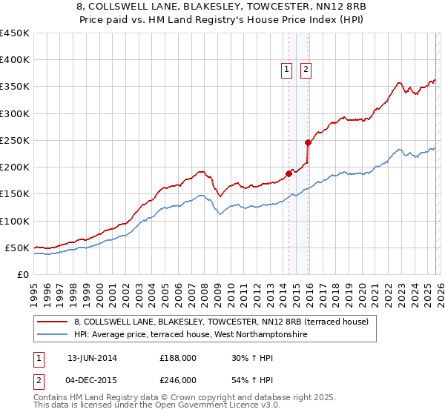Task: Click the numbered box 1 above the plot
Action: coord(287,70)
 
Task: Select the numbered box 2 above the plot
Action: coord(305,70)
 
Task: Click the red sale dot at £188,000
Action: coord(289,173)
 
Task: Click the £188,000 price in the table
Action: coord(178,357)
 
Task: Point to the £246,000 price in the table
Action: coord(178,379)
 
